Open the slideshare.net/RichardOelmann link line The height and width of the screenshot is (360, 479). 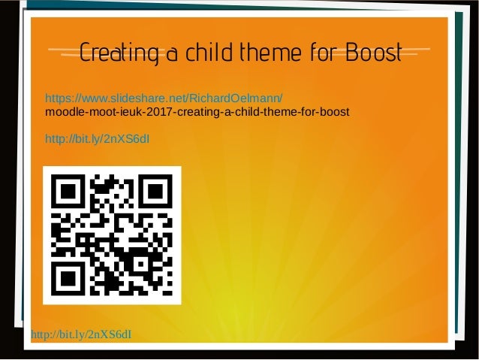point(164,98)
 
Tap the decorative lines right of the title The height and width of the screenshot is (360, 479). point(417,53)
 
